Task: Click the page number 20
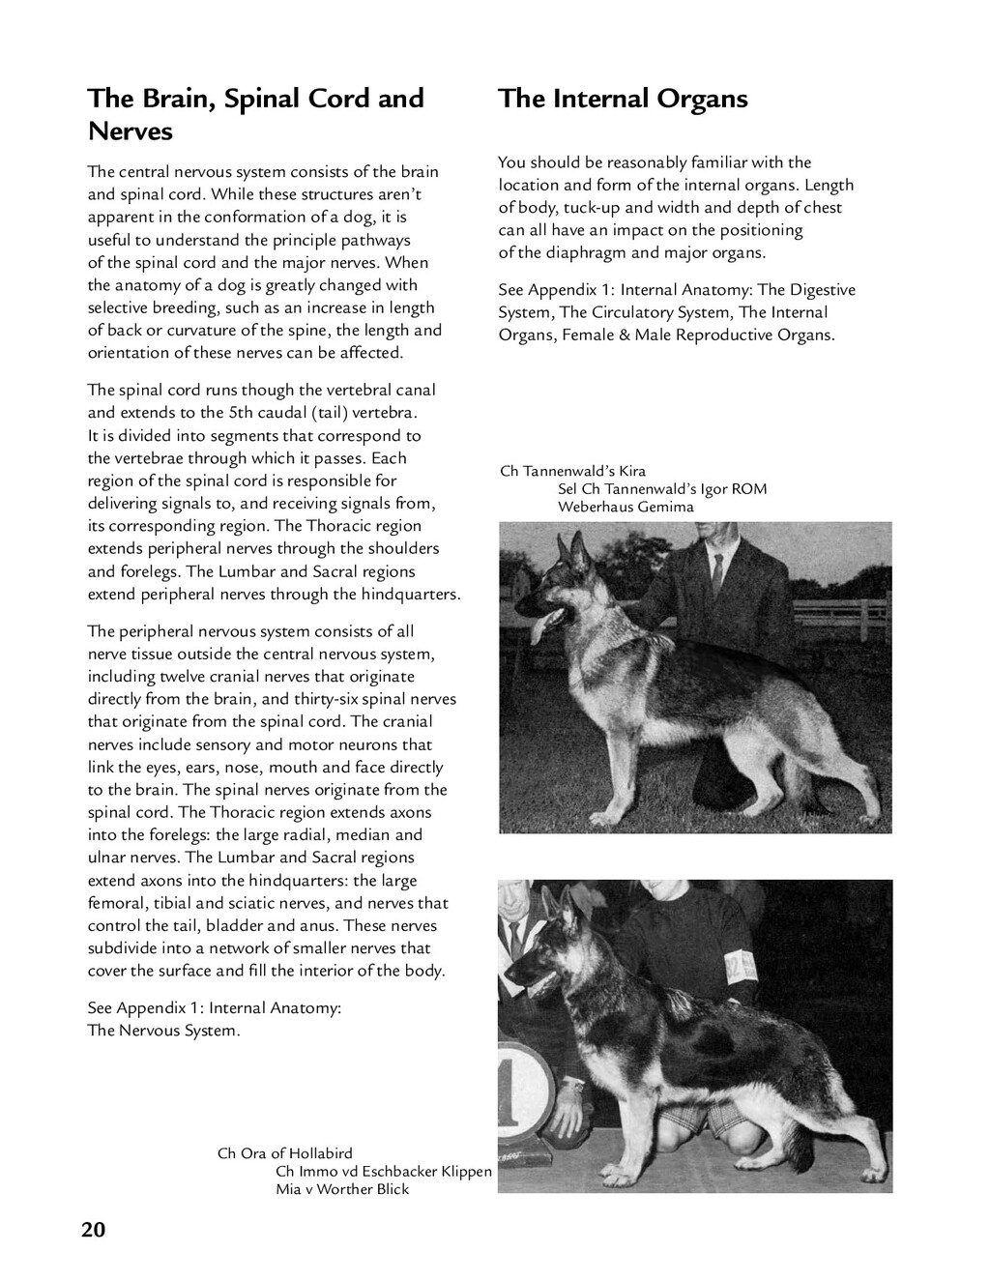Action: point(94,1229)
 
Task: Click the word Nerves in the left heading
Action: point(130,131)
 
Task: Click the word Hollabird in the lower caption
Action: point(321,1153)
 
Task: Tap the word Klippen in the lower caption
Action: point(467,1172)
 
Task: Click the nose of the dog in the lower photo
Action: point(510,975)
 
